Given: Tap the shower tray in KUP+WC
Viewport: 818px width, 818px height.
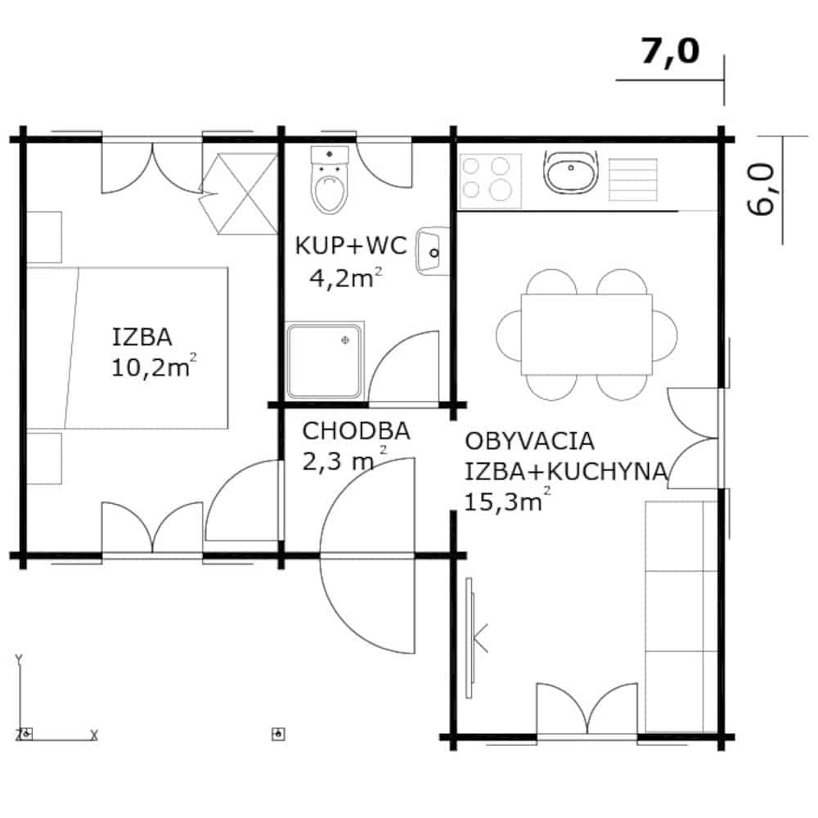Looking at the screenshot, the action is [325, 361].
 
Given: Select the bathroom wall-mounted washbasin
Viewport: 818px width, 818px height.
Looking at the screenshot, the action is [433, 251].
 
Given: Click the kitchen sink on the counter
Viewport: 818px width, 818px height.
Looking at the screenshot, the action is [571, 172].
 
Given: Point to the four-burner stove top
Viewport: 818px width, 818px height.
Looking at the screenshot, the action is [490, 181].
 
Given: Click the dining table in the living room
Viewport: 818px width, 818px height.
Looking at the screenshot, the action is [587, 335].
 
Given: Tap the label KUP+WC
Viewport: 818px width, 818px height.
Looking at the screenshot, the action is [351, 245].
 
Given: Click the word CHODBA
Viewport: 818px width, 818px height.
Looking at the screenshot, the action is [356, 431].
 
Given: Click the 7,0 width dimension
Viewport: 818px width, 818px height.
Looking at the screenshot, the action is [670, 51].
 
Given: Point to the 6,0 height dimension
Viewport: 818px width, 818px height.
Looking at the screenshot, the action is [761, 189].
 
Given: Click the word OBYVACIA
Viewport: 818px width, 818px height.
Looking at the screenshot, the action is [529, 441].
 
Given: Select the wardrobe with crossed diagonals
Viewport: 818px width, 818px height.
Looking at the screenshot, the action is [240, 194].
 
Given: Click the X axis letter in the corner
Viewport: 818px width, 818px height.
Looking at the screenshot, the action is [94, 735].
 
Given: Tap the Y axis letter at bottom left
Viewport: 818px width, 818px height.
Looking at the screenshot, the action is [19, 660].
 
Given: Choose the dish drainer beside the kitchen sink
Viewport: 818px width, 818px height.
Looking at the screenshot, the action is [633, 179].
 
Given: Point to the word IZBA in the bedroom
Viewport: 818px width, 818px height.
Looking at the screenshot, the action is [142, 337].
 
